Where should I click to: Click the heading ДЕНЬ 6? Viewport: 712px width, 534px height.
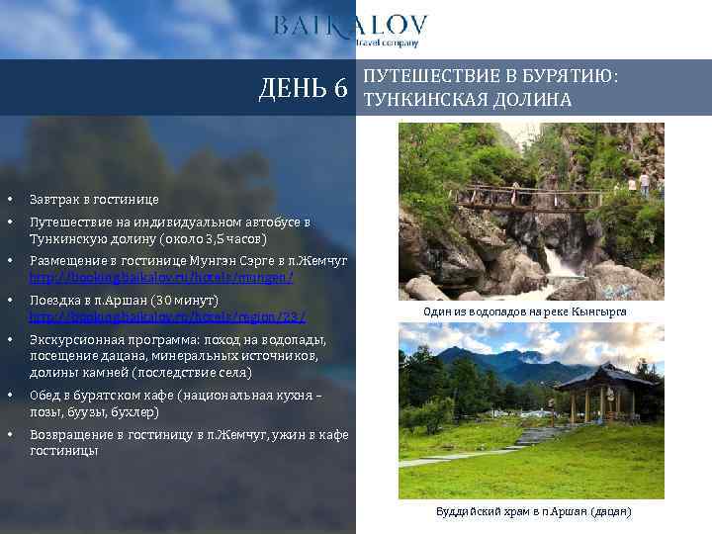pos(303,89)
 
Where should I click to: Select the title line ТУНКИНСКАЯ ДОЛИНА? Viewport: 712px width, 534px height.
pos(468,100)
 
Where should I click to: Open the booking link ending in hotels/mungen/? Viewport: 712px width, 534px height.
pos(161,278)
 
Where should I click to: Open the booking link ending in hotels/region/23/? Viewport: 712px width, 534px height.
pos(167,316)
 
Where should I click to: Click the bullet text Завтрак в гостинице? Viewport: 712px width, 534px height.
pos(94,199)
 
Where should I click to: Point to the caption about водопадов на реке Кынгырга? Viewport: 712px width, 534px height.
pos(524,311)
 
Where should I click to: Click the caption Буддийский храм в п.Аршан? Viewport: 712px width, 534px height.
pos(533,511)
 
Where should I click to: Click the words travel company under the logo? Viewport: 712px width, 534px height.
pos(388,44)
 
